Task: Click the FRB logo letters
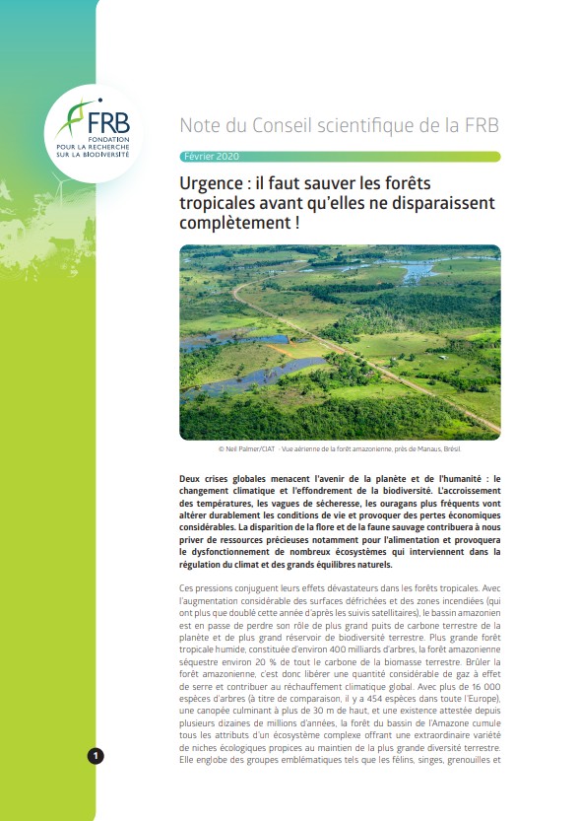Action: click(108, 123)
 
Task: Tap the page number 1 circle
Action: click(96, 756)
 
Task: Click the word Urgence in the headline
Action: click(213, 183)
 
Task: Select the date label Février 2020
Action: click(212, 157)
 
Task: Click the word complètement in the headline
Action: click(239, 223)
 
